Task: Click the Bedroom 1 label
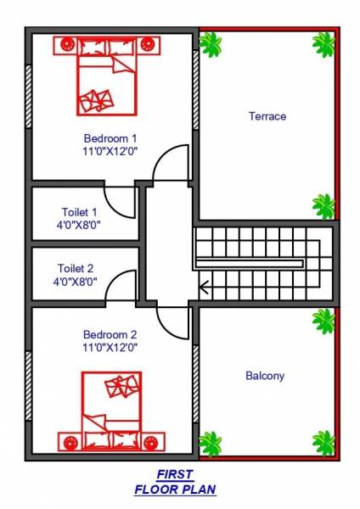(x=110, y=137)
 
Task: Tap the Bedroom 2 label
(x=110, y=334)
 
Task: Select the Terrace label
(x=267, y=116)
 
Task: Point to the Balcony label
(x=265, y=375)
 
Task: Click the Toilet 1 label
(x=79, y=211)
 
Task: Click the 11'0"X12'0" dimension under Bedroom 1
(x=110, y=150)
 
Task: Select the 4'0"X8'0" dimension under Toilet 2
(x=76, y=281)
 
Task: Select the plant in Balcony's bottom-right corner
(x=324, y=443)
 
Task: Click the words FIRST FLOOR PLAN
(x=175, y=482)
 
